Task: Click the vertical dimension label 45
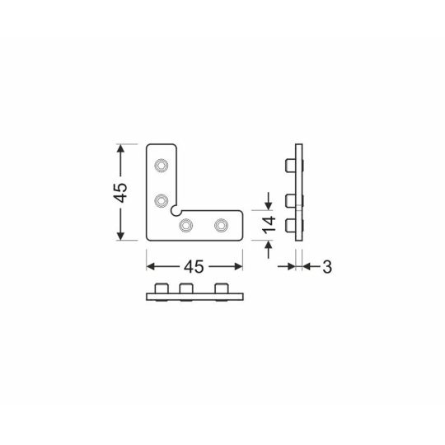point(120,193)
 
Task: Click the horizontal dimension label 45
point(194,266)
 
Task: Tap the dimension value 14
point(268,226)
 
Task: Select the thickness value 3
point(326,266)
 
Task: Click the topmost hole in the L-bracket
point(162,165)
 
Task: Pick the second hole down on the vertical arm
point(162,199)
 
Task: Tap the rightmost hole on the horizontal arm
point(221,224)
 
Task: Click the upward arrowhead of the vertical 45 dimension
point(121,149)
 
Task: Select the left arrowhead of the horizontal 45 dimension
point(152,266)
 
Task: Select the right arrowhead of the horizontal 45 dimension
point(239,266)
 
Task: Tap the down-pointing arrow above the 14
point(268,204)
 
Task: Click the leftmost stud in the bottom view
point(162,289)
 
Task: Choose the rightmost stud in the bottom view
point(221,289)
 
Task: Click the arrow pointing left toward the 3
point(309,266)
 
